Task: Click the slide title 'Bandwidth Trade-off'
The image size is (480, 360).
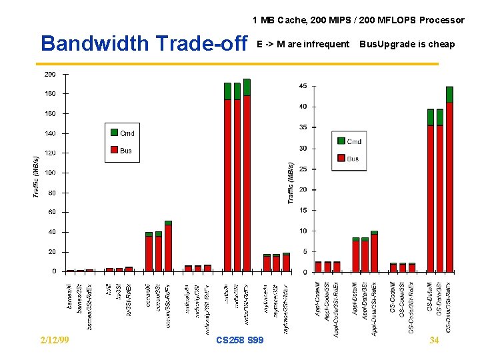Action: tap(144, 43)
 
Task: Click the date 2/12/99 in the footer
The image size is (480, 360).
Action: tap(54, 340)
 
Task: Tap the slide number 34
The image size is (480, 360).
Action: tap(434, 340)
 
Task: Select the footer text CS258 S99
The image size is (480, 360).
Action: tap(240, 340)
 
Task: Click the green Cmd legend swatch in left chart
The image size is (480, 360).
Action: tap(114, 133)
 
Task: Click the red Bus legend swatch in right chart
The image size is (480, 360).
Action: tap(341, 158)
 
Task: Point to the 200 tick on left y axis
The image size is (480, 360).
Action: tap(50, 74)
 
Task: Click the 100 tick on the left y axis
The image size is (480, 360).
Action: tap(50, 173)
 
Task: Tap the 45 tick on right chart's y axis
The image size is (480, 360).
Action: tap(303, 86)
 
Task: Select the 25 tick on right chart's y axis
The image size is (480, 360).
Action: tap(303, 169)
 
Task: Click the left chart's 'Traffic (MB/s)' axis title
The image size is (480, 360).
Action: tap(36, 176)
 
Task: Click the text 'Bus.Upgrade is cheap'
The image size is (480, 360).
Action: tap(407, 44)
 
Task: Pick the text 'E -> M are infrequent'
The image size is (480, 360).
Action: tap(303, 44)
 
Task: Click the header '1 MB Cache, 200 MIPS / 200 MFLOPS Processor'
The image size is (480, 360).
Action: tap(358, 20)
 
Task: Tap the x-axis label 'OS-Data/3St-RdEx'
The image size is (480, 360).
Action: tap(449, 306)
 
